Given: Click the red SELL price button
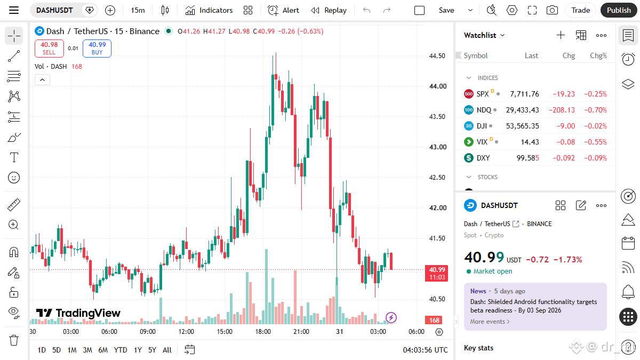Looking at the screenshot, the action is tap(49, 49).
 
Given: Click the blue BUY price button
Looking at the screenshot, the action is tap(97, 49).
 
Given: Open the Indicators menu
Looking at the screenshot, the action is tap(209, 10).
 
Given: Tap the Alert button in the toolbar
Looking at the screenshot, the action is tap(283, 10).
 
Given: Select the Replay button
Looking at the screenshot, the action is tap(329, 10).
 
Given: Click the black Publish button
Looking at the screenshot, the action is tap(619, 10).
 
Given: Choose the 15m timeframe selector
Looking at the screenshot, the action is tap(138, 10).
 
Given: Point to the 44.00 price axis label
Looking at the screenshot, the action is tap(438, 86).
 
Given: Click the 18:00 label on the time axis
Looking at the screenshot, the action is tap(263, 332).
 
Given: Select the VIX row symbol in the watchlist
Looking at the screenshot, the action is tap(482, 142).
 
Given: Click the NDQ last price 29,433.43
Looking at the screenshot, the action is tap(522, 110).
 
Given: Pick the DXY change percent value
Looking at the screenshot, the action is tap(595, 158).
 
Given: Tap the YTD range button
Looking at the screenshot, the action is tap(121, 350).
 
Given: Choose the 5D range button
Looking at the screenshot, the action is tap(57, 350).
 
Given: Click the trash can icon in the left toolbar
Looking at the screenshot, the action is tap(14, 340).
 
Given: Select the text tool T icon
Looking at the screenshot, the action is tap(14, 157).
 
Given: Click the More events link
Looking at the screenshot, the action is tap(490, 322).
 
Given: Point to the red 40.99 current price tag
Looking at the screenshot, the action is tap(437, 274).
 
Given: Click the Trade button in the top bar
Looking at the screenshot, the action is tap(581, 10).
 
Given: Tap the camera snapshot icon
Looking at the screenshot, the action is tap(552, 10).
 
